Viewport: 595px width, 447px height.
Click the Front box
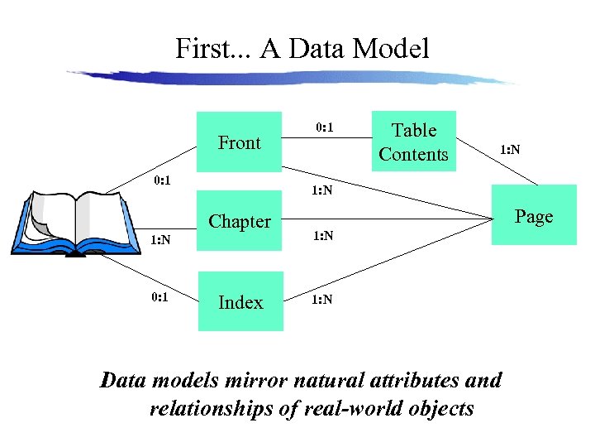[240, 142]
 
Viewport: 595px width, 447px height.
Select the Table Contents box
[413, 142]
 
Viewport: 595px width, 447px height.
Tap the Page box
[533, 215]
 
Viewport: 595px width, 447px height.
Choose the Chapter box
[240, 221]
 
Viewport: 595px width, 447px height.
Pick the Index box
[240, 302]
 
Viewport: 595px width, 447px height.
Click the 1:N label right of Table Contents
[509, 150]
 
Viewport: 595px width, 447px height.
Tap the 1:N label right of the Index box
[322, 299]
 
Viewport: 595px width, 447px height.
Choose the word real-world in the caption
[381, 408]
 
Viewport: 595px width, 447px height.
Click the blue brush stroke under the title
[289, 76]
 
